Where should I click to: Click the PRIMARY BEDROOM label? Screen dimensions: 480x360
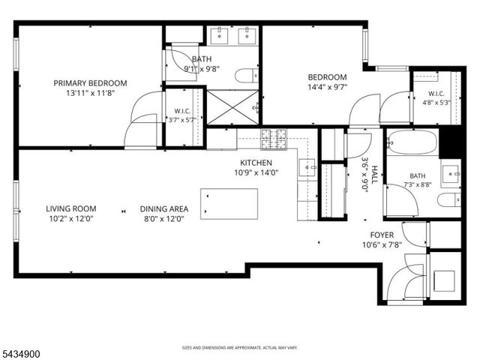[90, 83]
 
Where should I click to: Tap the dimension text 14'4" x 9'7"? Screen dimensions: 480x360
[327, 87]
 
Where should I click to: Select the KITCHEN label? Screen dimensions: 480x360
[256, 163]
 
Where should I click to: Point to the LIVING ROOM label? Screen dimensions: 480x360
[71, 208]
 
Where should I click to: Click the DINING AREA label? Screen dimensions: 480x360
[164, 208]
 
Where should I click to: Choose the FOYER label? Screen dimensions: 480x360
[382, 235]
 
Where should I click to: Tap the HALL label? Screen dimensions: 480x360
[374, 175]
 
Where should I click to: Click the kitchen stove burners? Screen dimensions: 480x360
[274, 139]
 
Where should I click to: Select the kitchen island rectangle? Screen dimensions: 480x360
[229, 204]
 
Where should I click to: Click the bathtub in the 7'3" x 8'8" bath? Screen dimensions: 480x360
[412, 142]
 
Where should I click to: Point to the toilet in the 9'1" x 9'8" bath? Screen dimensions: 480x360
[247, 76]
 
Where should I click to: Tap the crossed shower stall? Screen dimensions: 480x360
[233, 107]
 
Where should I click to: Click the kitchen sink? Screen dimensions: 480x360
[307, 167]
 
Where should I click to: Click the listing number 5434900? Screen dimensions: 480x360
[20, 354]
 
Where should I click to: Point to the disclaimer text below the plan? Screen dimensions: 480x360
[240, 348]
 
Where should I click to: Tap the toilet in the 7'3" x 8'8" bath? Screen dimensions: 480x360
[449, 200]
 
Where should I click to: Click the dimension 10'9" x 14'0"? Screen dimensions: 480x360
[256, 172]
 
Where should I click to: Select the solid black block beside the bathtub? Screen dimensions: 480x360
[450, 143]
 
